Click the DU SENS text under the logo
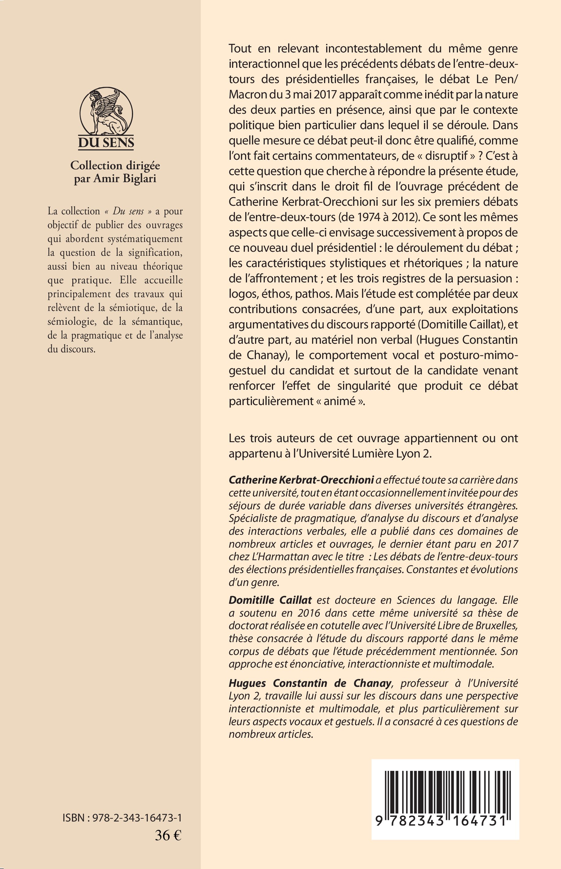(x=106, y=143)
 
